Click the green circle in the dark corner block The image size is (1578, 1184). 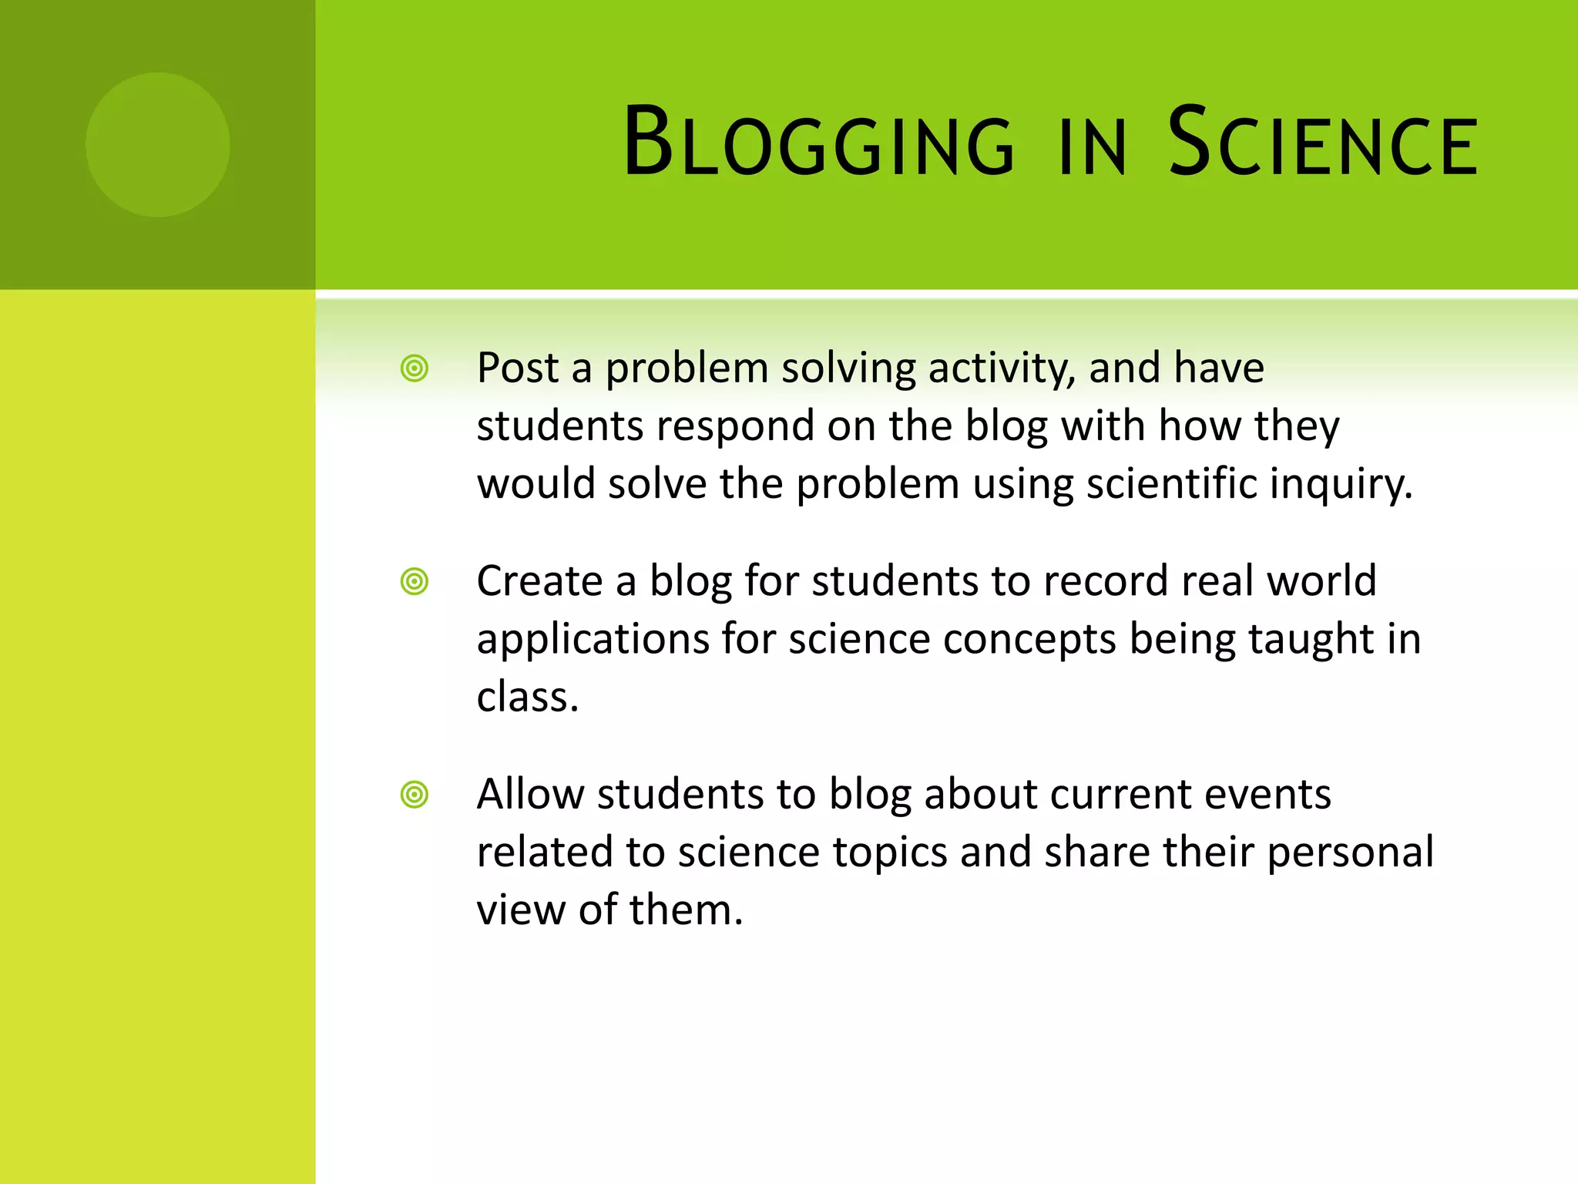[157, 144]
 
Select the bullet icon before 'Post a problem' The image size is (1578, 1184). [415, 368]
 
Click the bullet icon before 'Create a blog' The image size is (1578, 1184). [415, 581]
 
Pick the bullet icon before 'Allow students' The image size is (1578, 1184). [415, 794]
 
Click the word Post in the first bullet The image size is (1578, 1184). [517, 368]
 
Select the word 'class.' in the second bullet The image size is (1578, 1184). [527, 697]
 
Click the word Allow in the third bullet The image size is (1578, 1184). [530, 794]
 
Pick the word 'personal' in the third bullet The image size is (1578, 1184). [1350, 853]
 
